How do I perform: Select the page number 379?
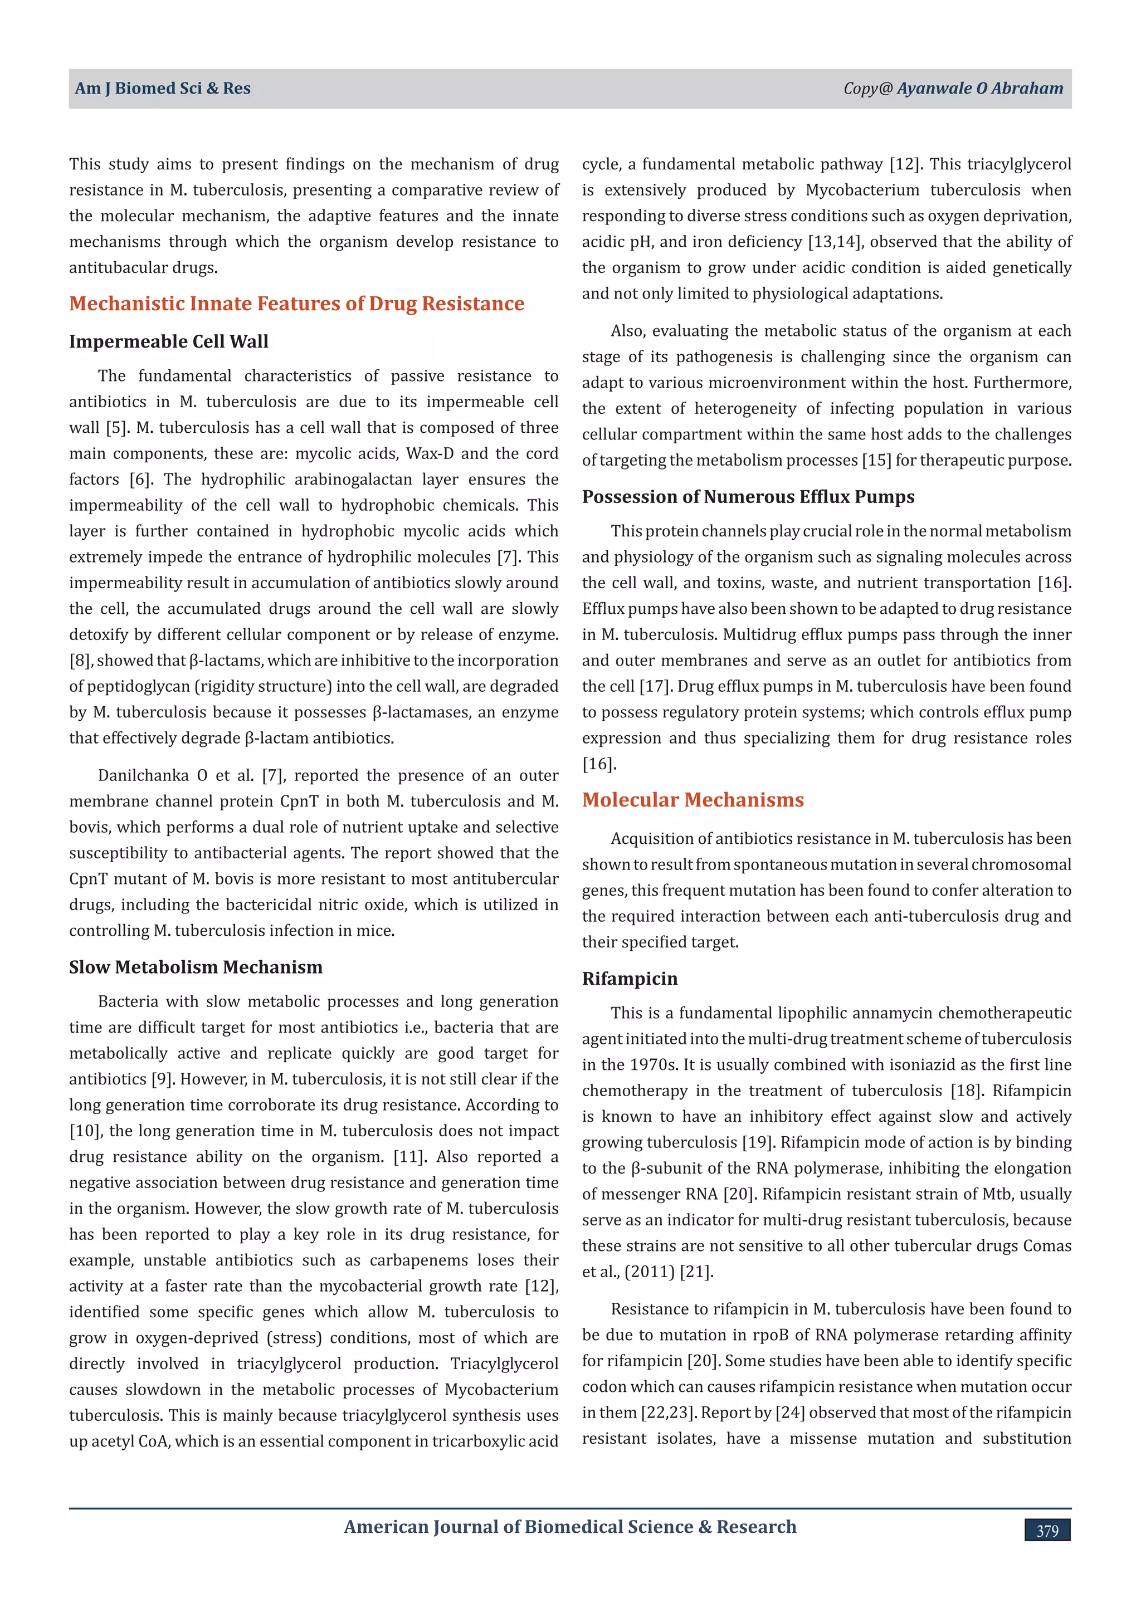pos(1047,1531)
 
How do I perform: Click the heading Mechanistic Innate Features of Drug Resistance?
pos(296,304)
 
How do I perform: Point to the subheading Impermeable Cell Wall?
pos(169,341)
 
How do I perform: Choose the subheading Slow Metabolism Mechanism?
pos(196,967)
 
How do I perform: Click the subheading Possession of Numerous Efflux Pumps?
pos(748,497)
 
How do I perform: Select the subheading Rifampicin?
pos(630,979)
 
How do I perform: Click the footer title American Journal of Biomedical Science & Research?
pos(570,1527)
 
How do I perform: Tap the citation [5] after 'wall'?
pos(118,428)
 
